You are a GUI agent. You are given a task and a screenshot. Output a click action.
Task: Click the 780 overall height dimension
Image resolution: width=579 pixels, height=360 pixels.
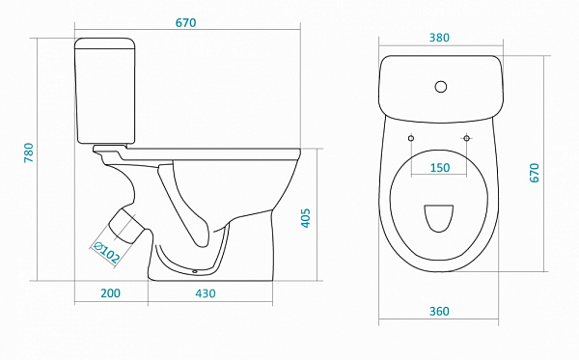(x=29, y=152)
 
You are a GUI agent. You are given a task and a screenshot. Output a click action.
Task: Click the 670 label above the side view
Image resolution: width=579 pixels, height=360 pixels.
(x=185, y=23)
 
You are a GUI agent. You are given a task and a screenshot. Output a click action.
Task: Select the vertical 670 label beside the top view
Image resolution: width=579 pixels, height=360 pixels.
(x=534, y=173)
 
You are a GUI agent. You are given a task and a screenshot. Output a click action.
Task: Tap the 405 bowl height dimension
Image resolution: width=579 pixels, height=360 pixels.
(x=305, y=218)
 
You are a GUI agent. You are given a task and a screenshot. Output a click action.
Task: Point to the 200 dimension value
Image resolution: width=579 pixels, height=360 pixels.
(x=110, y=293)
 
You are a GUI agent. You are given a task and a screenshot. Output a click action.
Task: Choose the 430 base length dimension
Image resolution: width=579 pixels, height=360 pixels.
(x=206, y=293)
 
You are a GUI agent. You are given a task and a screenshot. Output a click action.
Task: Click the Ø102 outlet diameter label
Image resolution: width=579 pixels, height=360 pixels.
(x=106, y=253)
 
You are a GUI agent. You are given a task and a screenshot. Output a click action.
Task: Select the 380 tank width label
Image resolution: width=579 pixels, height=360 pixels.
(x=439, y=38)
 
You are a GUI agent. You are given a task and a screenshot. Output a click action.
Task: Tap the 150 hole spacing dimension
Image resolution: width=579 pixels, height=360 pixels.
(x=440, y=168)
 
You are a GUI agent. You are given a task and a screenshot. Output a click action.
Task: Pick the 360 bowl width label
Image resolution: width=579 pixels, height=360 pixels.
(x=439, y=312)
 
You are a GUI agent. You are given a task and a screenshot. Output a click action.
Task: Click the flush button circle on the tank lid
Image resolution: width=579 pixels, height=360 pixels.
(x=441, y=87)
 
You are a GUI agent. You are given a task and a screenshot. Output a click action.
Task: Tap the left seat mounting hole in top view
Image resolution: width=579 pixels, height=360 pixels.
(x=411, y=138)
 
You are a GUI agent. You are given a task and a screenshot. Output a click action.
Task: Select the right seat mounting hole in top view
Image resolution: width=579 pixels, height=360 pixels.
(x=466, y=138)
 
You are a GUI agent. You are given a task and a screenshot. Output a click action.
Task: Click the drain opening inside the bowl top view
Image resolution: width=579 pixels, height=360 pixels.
(x=439, y=218)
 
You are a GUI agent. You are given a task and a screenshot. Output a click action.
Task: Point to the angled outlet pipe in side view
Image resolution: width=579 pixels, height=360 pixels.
(x=125, y=226)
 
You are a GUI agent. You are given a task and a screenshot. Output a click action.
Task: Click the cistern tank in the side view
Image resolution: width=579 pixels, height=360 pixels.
(x=105, y=91)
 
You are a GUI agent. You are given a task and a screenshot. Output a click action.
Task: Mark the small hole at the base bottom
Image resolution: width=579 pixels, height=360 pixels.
(x=195, y=272)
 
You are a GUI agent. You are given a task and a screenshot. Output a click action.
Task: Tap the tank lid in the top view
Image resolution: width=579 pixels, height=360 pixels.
(x=441, y=89)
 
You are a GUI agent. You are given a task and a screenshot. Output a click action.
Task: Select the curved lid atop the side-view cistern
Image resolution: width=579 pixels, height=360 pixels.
(x=105, y=43)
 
